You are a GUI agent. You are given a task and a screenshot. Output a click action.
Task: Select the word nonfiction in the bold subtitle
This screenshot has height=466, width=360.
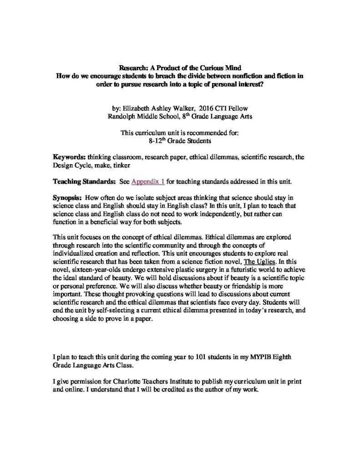[x=233, y=75]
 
